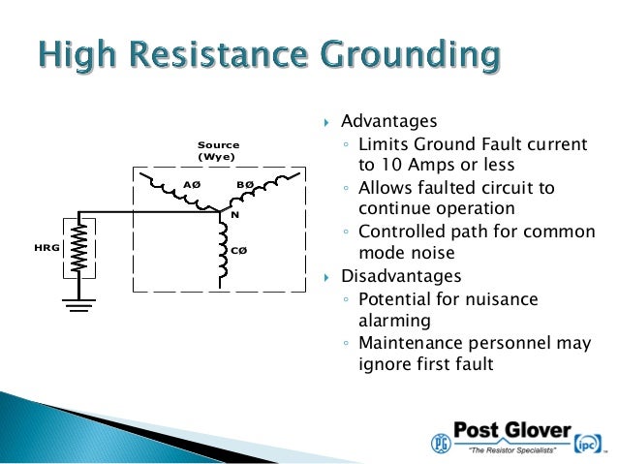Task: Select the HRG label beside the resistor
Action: [47, 249]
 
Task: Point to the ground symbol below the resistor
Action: [79, 306]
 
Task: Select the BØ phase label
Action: [246, 182]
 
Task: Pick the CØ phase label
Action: [238, 250]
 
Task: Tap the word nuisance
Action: [539, 297]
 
